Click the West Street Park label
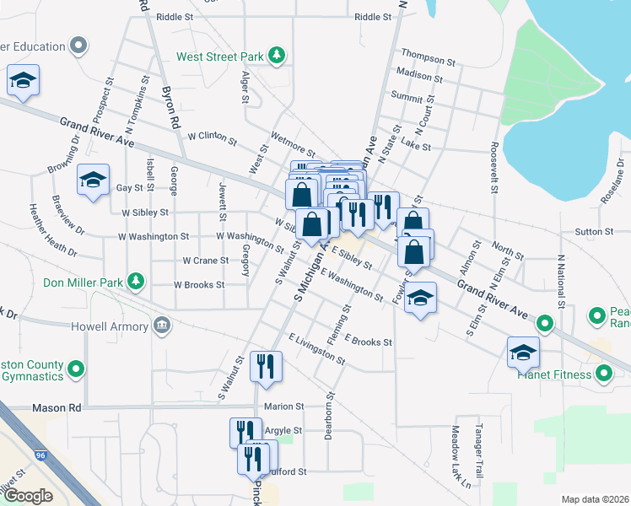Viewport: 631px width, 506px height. (220, 57)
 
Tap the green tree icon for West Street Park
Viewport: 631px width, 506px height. (277, 57)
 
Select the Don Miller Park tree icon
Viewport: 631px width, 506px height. (134, 281)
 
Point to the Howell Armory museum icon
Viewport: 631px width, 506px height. (161, 326)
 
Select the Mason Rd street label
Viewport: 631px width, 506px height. (56, 407)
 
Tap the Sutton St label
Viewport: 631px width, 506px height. (594, 231)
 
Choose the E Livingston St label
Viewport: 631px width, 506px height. (316, 349)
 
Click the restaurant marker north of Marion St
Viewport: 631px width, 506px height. (267, 366)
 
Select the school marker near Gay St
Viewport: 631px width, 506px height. (93, 179)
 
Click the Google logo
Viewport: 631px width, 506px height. (28, 496)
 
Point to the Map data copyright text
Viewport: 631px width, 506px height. (596, 499)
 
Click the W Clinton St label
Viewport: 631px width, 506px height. (213, 136)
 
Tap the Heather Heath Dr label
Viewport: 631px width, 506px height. (53, 230)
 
